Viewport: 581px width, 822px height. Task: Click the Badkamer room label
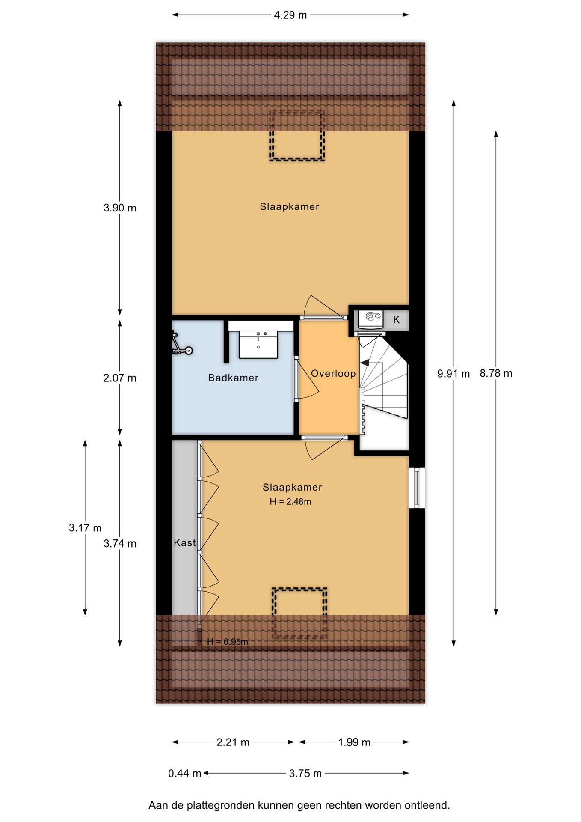tap(233, 378)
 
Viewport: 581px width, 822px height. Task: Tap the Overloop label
tap(333, 373)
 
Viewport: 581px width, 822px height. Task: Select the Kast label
tap(185, 543)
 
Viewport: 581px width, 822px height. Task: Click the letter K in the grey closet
tap(397, 319)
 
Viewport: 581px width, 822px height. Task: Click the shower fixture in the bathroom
tap(181, 344)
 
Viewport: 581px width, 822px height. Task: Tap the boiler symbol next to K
tap(371, 320)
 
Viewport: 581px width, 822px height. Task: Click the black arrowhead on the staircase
tap(365, 363)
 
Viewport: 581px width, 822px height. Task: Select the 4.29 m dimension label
tap(290, 15)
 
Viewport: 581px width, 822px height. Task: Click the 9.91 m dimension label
tap(454, 374)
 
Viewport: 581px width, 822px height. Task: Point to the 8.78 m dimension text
tap(496, 373)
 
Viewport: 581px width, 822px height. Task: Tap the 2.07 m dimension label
tap(120, 378)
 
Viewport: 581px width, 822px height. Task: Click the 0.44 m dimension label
tap(184, 773)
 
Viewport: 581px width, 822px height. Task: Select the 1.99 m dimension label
tap(354, 742)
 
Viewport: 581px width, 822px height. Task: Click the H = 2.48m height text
tap(290, 501)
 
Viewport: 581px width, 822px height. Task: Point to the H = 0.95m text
tap(228, 642)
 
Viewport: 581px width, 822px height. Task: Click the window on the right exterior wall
tap(417, 488)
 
